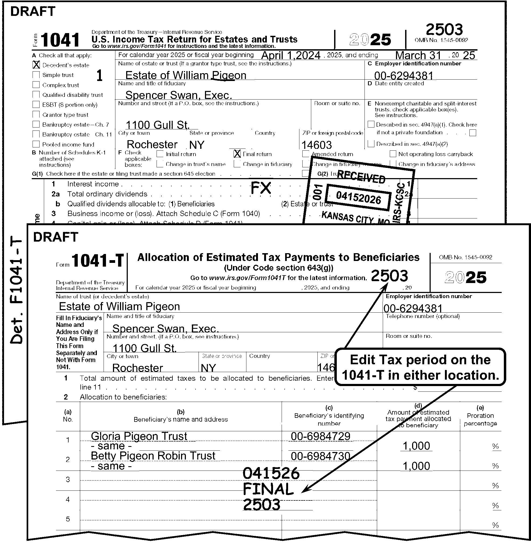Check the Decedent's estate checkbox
pyautogui.click(x=36, y=65)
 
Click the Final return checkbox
pyautogui.click(x=237, y=154)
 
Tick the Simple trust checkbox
pyautogui.click(x=36, y=75)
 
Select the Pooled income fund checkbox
pyautogui.click(x=36, y=144)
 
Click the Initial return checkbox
pyautogui.click(x=160, y=154)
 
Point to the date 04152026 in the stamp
pyautogui.click(x=358, y=197)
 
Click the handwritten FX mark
pyautogui.click(x=261, y=188)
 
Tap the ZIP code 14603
pyautogui.click(x=317, y=145)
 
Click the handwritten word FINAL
pyautogui.click(x=268, y=489)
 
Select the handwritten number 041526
pyautogui.click(x=271, y=474)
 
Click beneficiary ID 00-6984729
pyautogui.click(x=320, y=436)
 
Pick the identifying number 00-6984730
pyautogui.click(x=320, y=456)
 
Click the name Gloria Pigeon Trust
pyautogui.click(x=139, y=436)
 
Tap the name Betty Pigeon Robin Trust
pyautogui.click(x=153, y=456)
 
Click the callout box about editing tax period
pyautogui.click(x=420, y=367)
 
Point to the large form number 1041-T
pyautogui.click(x=98, y=260)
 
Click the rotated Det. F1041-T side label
pyautogui.click(x=16, y=291)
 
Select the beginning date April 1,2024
pyautogui.click(x=291, y=55)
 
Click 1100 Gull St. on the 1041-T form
pyautogui.click(x=144, y=348)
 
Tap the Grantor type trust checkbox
pyautogui.click(x=36, y=114)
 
